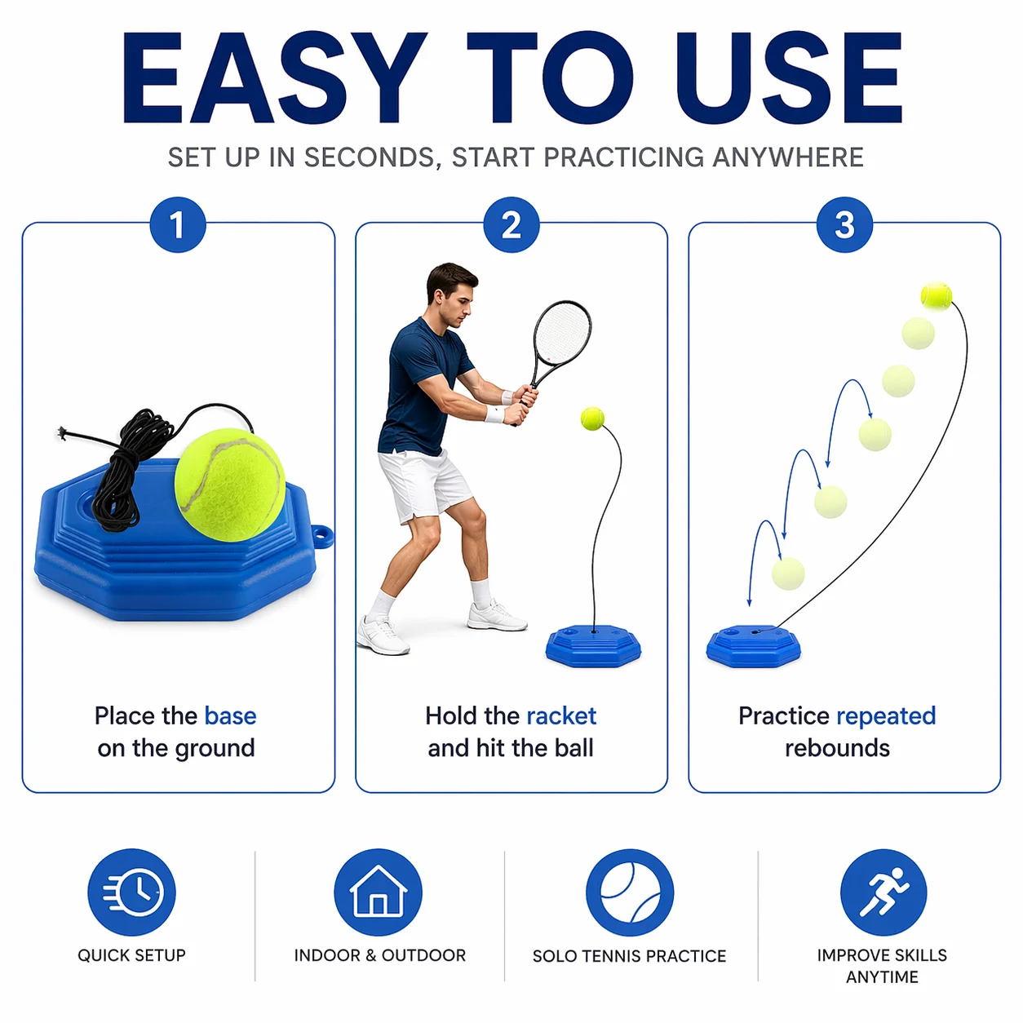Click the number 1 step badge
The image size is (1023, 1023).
pyautogui.click(x=178, y=224)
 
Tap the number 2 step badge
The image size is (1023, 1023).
pyautogui.click(x=511, y=224)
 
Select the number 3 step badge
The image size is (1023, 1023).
pyautogui.click(x=844, y=224)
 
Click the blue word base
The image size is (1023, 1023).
pyautogui.click(x=230, y=716)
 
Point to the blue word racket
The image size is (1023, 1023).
pyautogui.click(x=561, y=716)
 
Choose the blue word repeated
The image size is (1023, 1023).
pyautogui.click(x=886, y=717)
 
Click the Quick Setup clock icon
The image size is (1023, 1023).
pyautogui.click(x=131, y=892)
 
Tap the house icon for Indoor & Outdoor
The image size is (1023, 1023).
pyautogui.click(x=378, y=892)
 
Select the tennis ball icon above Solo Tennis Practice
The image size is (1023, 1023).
pyautogui.click(x=630, y=892)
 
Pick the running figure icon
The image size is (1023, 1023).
pyautogui.click(x=883, y=892)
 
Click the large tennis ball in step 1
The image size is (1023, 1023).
pyautogui.click(x=230, y=484)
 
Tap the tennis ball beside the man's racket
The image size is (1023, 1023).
pyautogui.click(x=592, y=418)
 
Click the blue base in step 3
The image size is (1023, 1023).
pyautogui.click(x=753, y=646)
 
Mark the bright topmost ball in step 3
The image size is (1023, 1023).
pyautogui.click(x=936, y=295)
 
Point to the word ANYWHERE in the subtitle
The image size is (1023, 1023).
pyautogui.click(x=788, y=157)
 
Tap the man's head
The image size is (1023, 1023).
pyautogui.click(x=451, y=294)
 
